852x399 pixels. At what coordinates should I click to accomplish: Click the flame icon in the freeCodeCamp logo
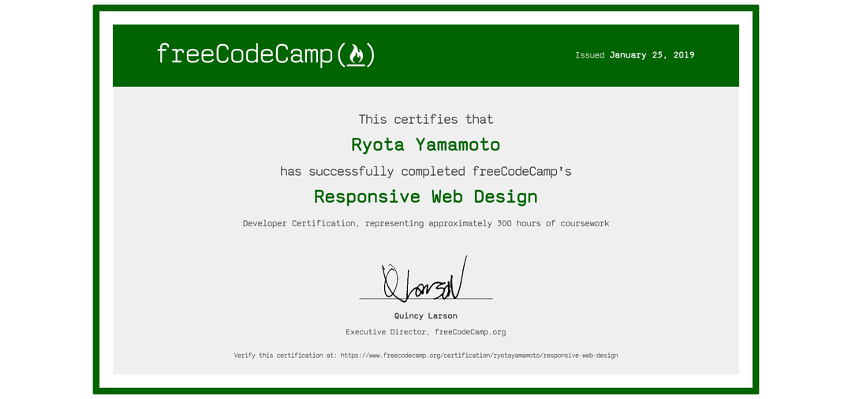(x=356, y=54)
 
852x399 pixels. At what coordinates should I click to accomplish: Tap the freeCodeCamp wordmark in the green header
(x=245, y=54)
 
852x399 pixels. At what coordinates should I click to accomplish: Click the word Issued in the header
(x=589, y=55)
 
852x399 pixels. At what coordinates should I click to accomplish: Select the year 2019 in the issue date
(x=683, y=55)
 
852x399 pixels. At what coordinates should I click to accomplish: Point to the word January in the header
(x=628, y=55)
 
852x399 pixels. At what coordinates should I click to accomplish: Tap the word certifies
(x=426, y=120)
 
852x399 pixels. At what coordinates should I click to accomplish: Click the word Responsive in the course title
(x=367, y=196)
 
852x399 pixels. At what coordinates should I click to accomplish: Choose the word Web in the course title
(x=447, y=196)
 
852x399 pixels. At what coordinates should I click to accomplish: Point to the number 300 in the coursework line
(x=505, y=224)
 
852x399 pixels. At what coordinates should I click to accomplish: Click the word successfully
(x=351, y=171)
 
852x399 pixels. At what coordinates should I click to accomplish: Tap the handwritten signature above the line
(x=424, y=280)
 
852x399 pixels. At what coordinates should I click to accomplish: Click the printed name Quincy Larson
(x=426, y=316)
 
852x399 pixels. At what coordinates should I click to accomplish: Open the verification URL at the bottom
(x=479, y=356)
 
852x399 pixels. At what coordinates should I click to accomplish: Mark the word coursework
(x=585, y=224)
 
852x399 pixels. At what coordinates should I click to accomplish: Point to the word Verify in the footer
(x=246, y=356)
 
